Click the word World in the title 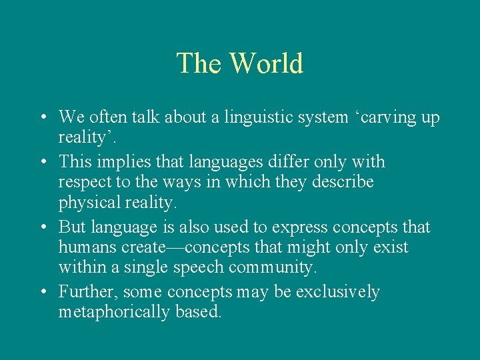click(x=266, y=63)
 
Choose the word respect click(x=83, y=182)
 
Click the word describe click(x=342, y=182)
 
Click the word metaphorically click(x=113, y=312)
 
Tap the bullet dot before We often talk click(x=42, y=119)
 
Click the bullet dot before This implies click(x=42, y=163)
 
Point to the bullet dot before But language click(x=42, y=228)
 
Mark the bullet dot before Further click(x=42, y=293)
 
